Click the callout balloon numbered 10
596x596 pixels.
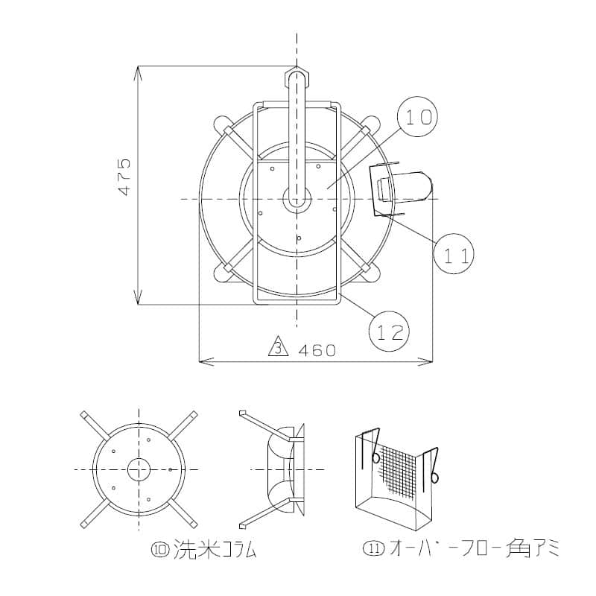417,117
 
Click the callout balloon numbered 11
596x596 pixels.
454,253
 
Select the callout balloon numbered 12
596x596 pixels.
389,331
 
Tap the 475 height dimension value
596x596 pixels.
125,177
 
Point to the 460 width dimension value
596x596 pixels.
317,350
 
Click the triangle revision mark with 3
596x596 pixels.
279,346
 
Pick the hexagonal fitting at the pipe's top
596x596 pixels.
297,77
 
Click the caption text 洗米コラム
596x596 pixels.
215,550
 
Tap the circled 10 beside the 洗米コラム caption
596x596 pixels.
160,550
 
